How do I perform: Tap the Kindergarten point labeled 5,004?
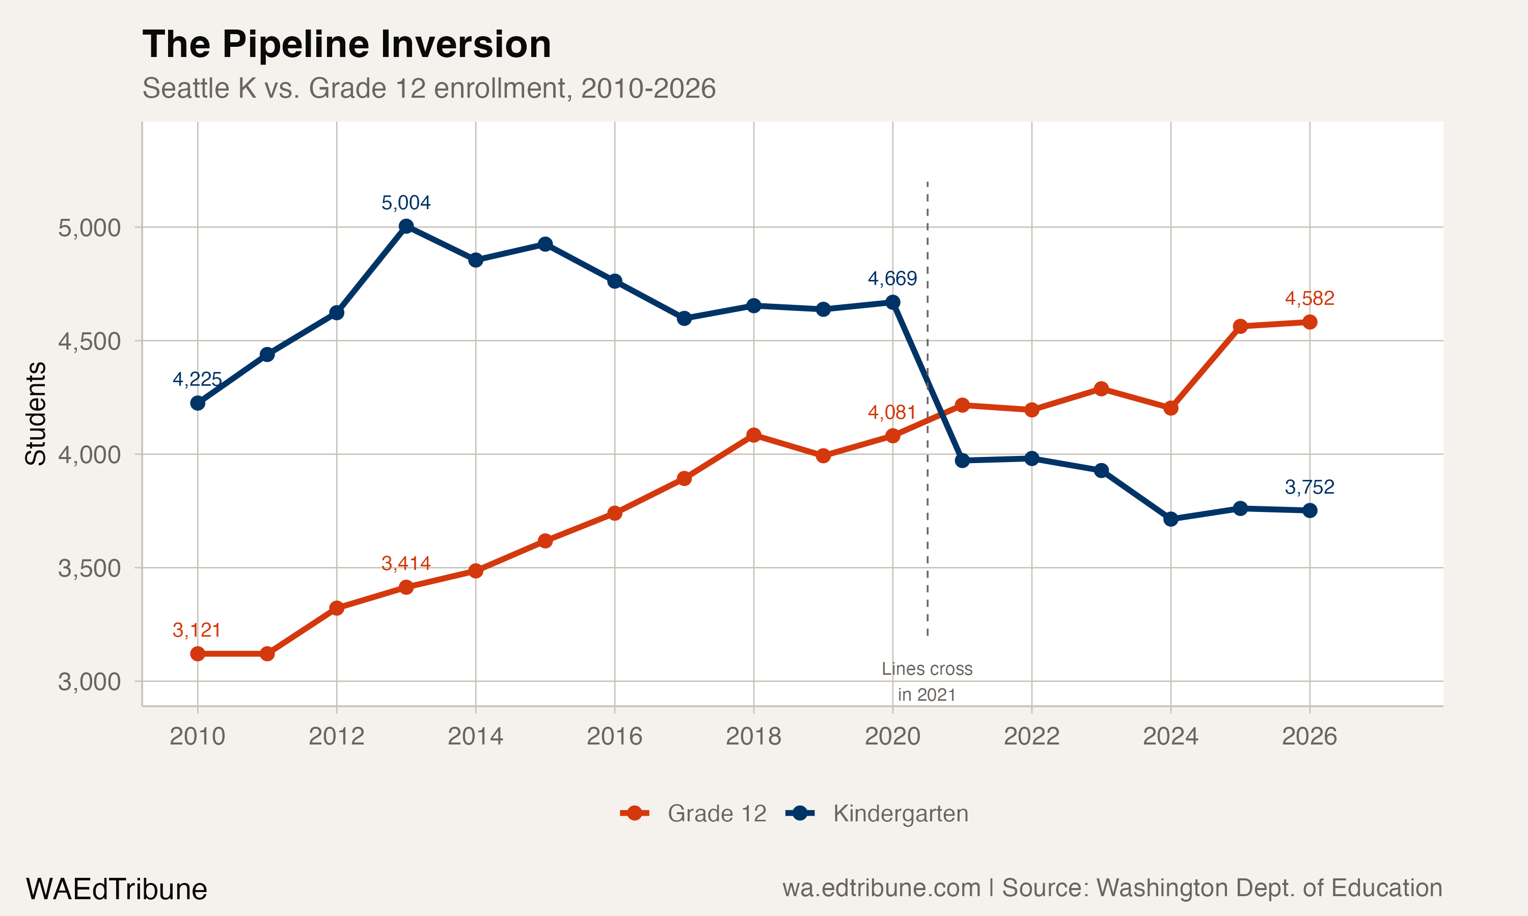pos(406,226)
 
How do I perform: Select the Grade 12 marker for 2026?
pos(1309,322)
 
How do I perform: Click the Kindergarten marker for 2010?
pos(198,403)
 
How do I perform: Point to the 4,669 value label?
pos(892,279)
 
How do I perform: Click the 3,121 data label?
pos(197,630)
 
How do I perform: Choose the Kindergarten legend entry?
pos(877,814)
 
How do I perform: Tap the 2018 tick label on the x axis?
pos(753,736)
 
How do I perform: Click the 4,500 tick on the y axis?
pos(90,341)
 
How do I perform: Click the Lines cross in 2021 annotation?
pos(926,681)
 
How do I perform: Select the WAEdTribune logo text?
pos(116,890)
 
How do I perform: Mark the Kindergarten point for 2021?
pos(962,461)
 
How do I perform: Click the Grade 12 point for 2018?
pos(753,435)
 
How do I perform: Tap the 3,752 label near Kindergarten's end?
pos(1309,487)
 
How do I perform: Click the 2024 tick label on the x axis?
pos(1170,736)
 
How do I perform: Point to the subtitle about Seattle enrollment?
pos(429,88)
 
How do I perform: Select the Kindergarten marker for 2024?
pos(1170,519)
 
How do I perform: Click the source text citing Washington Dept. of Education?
pos(1112,888)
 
